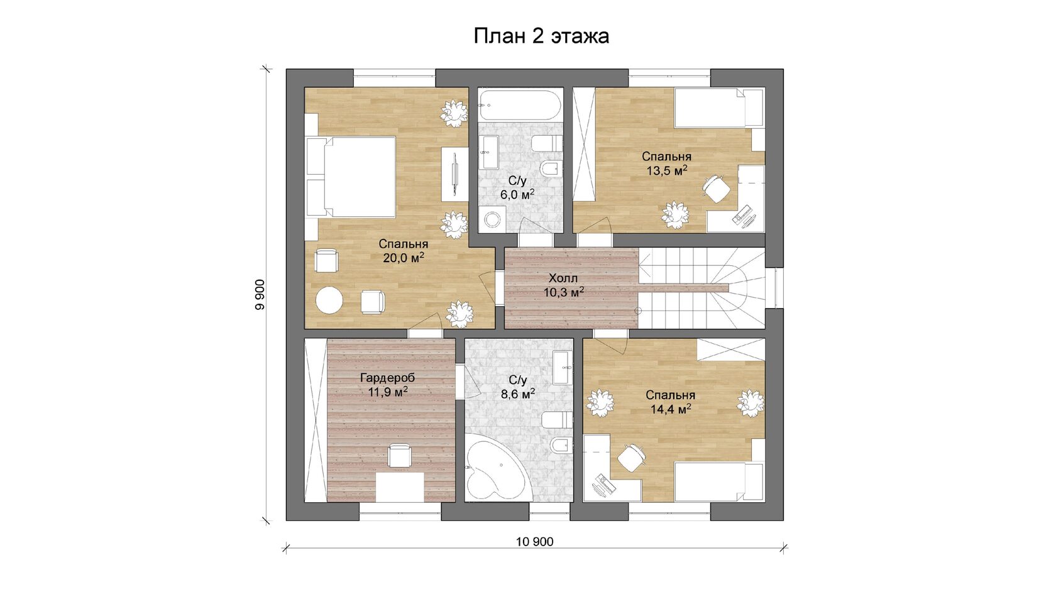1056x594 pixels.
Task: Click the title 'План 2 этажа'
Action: pyautogui.click(x=541, y=36)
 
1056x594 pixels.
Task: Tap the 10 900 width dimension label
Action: pyautogui.click(x=534, y=542)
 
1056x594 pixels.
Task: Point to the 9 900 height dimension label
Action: pyautogui.click(x=260, y=295)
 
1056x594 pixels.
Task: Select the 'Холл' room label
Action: pyautogui.click(x=563, y=278)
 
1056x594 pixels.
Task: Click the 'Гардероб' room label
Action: pyautogui.click(x=387, y=378)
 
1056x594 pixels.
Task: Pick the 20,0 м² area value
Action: pyautogui.click(x=404, y=258)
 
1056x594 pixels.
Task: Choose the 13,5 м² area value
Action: pyautogui.click(x=666, y=170)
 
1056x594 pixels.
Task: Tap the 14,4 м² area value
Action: pyautogui.click(x=671, y=409)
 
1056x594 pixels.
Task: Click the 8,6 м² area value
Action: pyautogui.click(x=518, y=393)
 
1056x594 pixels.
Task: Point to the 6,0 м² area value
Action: pyautogui.click(x=517, y=194)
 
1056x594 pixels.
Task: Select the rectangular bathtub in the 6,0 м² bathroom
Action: pyautogui.click(x=519, y=104)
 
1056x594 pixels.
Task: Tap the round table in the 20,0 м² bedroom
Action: pyautogui.click(x=329, y=300)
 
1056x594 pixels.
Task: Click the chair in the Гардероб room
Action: pyautogui.click(x=399, y=455)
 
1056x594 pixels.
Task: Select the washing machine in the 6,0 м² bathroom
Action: pyautogui.click(x=492, y=220)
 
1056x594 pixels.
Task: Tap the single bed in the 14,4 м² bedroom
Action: pyautogui.click(x=719, y=481)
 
